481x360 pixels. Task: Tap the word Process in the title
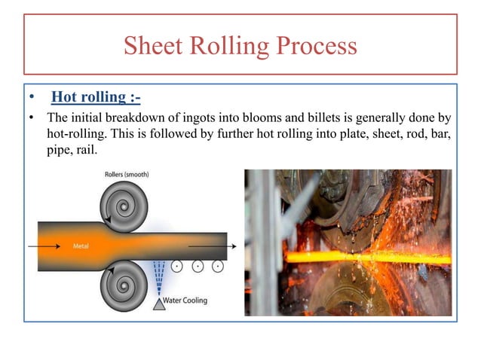314,46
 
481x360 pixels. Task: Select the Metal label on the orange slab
81,246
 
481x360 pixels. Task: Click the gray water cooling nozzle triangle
159,304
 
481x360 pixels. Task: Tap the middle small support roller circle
197,266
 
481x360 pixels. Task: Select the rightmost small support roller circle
217,266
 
